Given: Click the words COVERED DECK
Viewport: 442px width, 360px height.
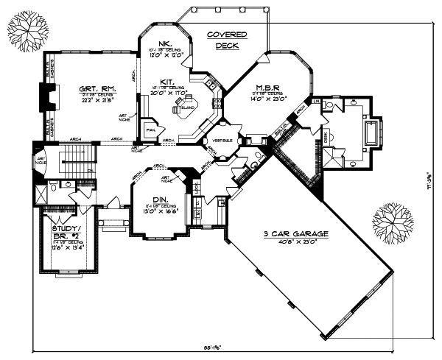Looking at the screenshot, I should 227,40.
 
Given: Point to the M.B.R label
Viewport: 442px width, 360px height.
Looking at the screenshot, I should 265,87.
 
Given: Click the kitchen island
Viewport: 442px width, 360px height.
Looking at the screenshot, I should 183,108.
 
